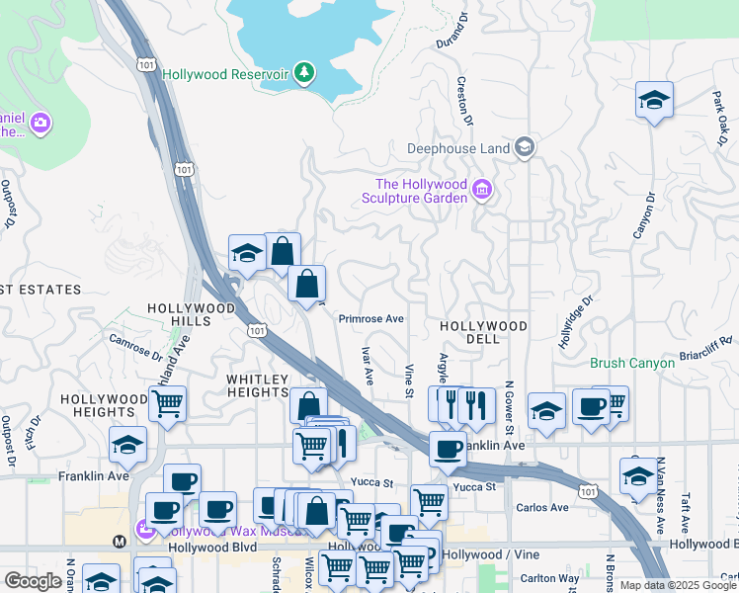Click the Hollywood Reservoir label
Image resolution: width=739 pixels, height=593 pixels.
click(x=225, y=74)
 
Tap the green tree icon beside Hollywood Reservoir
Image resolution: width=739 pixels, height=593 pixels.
click(x=306, y=72)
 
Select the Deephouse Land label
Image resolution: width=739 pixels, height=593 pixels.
click(x=459, y=149)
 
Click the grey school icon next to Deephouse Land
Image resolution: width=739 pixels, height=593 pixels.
click(x=525, y=148)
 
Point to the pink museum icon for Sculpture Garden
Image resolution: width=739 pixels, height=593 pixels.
click(x=482, y=190)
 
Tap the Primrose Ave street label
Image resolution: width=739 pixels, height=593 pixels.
click(x=371, y=319)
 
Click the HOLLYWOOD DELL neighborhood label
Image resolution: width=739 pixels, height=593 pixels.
click(x=483, y=326)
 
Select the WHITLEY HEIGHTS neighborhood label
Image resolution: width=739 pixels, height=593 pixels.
click(x=258, y=385)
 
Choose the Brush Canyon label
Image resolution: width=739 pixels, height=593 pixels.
click(x=632, y=363)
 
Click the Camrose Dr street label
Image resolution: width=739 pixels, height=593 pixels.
click(x=135, y=347)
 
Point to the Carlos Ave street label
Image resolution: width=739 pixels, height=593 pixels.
click(x=542, y=508)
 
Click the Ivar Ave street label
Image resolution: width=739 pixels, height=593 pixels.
click(x=367, y=365)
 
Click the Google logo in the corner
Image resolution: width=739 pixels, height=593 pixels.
click(x=33, y=581)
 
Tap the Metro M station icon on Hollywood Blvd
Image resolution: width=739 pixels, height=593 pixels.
click(x=120, y=542)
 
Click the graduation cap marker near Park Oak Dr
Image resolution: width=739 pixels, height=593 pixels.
click(x=654, y=100)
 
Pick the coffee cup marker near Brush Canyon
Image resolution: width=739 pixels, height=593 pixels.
click(x=591, y=406)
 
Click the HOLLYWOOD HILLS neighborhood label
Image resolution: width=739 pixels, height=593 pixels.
click(x=192, y=314)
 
